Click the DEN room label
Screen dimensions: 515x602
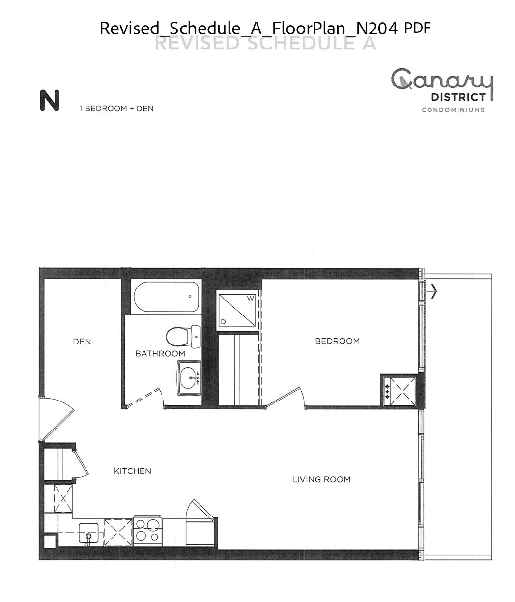pyautogui.click(x=82, y=342)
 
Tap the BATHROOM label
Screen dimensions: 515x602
pyautogui.click(x=160, y=354)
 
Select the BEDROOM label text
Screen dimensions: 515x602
pyautogui.click(x=337, y=341)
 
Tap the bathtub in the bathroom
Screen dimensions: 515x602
pyautogui.click(x=166, y=297)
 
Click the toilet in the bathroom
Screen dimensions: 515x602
pyautogui.click(x=183, y=337)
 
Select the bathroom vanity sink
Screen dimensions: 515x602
pyautogui.click(x=189, y=378)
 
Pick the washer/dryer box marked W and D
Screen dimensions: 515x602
pyautogui.click(x=237, y=310)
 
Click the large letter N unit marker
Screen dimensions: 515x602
pyautogui.click(x=50, y=100)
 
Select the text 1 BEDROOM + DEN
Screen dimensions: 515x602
pyautogui.click(x=117, y=108)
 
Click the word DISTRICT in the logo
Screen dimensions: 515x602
pyautogui.click(x=458, y=97)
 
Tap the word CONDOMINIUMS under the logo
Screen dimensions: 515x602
pyautogui.click(x=453, y=110)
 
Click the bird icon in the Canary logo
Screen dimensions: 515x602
pyautogui.click(x=404, y=82)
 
